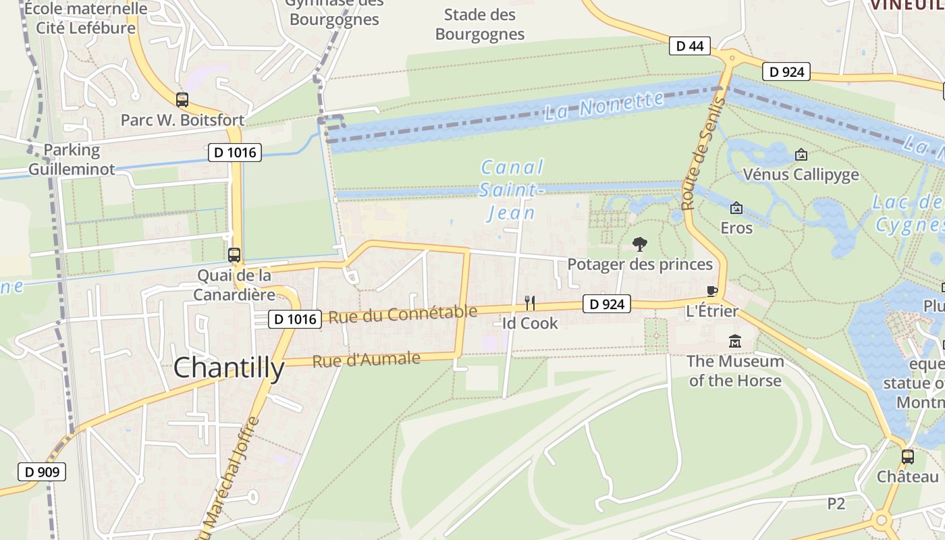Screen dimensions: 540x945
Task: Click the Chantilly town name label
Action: click(x=229, y=369)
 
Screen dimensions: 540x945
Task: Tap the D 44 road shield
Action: click(x=689, y=46)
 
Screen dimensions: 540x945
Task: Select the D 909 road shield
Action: click(x=42, y=472)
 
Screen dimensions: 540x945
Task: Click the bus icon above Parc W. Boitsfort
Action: click(x=182, y=100)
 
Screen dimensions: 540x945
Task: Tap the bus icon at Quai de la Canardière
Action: click(x=234, y=255)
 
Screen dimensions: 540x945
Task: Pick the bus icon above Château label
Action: click(x=908, y=457)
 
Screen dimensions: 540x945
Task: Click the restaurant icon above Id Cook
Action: click(x=530, y=303)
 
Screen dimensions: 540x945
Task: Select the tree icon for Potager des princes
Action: click(x=639, y=244)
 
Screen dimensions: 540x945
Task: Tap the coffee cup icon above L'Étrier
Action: click(x=711, y=291)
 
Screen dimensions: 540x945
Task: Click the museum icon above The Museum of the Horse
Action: click(x=735, y=342)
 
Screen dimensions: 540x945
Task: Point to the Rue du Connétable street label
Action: click(x=403, y=314)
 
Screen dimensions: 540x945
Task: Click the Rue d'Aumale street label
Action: click(x=366, y=360)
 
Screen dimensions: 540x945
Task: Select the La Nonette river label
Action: click(x=604, y=105)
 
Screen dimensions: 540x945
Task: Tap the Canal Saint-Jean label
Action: click(x=512, y=190)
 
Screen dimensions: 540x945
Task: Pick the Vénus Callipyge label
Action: click(x=801, y=175)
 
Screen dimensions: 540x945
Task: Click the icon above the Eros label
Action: click(x=736, y=208)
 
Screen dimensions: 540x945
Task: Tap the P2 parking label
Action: click(x=836, y=504)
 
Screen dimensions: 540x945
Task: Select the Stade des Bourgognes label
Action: click(x=480, y=24)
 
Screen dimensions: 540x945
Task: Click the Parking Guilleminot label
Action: click(x=72, y=159)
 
